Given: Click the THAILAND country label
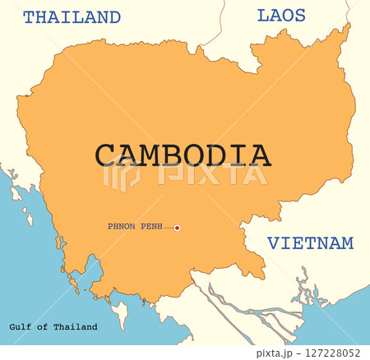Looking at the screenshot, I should click(72, 17).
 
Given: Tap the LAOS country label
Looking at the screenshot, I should click(281, 15).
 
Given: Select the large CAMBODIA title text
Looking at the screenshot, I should click(182, 155).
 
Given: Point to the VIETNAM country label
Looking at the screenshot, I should click(311, 243).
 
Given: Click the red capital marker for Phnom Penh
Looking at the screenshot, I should click(177, 228).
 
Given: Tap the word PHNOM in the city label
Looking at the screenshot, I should click(120, 226).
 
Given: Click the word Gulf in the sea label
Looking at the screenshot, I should click(19, 327).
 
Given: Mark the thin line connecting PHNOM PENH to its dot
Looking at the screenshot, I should click(168, 228).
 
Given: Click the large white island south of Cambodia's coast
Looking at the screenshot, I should click(121, 312).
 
